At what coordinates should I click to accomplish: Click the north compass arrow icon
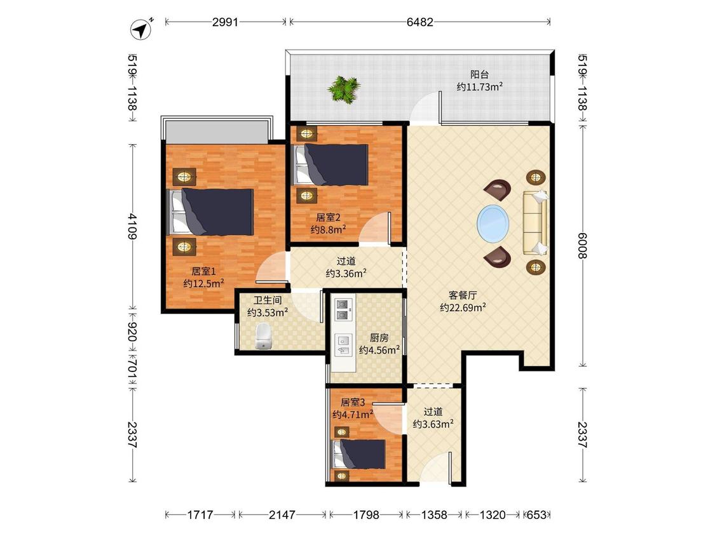click(142, 29)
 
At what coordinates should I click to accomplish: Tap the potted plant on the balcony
click(344, 89)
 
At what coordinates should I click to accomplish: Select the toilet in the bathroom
click(263, 336)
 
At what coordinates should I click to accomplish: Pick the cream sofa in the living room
click(535, 223)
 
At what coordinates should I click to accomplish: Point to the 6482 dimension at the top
click(419, 22)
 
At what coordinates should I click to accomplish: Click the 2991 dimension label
click(225, 22)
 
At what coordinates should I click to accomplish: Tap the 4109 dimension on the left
click(132, 226)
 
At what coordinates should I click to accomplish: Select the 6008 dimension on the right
click(582, 245)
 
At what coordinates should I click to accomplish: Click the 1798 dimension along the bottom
click(366, 514)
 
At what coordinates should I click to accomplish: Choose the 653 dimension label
click(536, 514)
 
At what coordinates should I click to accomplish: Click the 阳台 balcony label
click(479, 75)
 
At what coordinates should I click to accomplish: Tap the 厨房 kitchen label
click(379, 338)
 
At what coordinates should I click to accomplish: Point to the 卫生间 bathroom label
click(268, 300)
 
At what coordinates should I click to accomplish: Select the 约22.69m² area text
click(463, 307)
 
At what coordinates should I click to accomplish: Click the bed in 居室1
click(211, 212)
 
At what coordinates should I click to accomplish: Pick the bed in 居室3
click(359, 454)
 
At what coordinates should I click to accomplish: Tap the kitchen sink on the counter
click(343, 345)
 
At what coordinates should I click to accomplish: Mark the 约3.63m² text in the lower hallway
click(433, 424)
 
